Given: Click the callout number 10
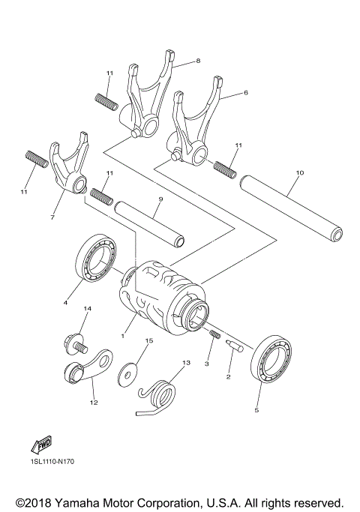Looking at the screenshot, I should [x=299, y=173].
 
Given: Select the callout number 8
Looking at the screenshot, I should [x=197, y=61].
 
